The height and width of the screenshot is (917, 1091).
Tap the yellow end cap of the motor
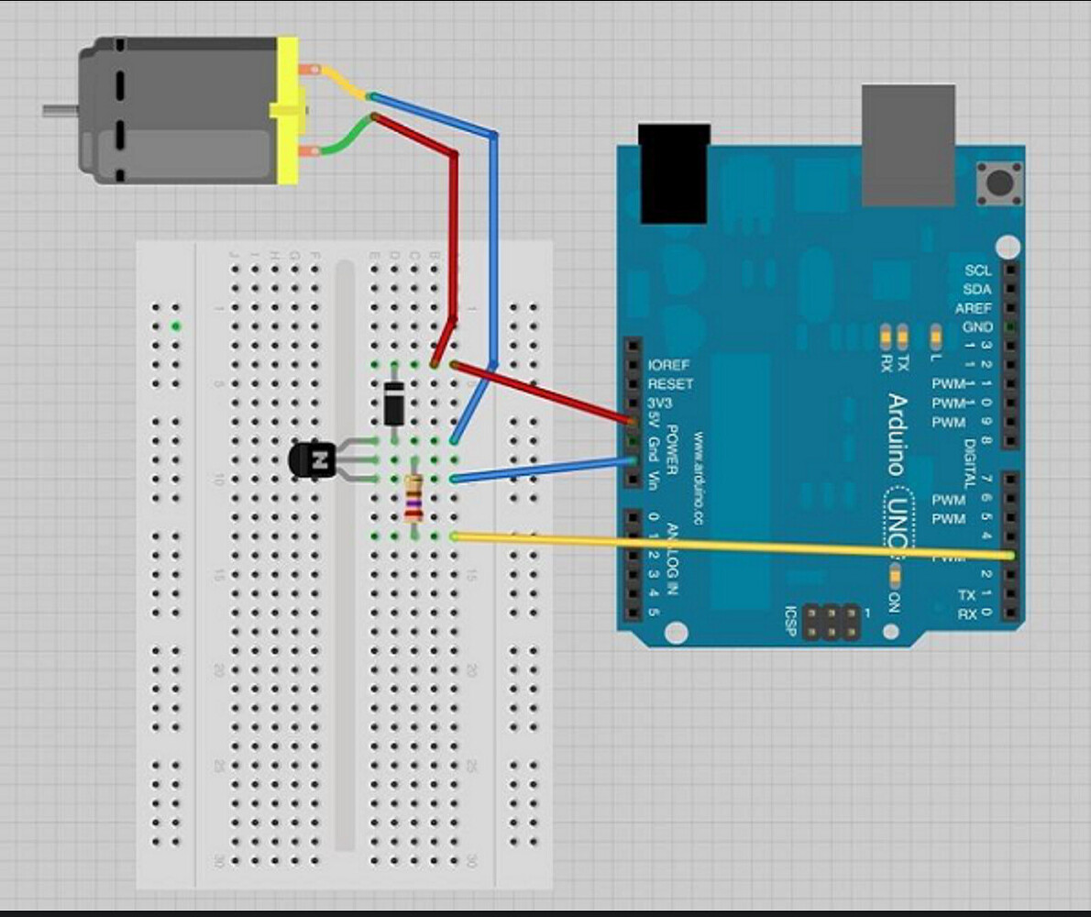(x=288, y=110)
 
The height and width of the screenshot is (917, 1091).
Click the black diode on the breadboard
(x=394, y=403)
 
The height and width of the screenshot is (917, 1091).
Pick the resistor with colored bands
(x=414, y=499)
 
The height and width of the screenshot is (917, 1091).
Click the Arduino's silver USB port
(x=908, y=144)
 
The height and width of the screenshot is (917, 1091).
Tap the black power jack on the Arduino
(x=675, y=173)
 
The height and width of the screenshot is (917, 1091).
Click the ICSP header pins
(x=832, y=622)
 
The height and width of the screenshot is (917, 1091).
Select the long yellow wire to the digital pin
(x=733, y=546)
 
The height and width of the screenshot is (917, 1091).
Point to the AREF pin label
(x=973, y=308)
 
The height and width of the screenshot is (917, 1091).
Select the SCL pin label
(x=977, y=271)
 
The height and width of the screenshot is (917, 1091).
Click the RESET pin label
(x=671, y=384)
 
